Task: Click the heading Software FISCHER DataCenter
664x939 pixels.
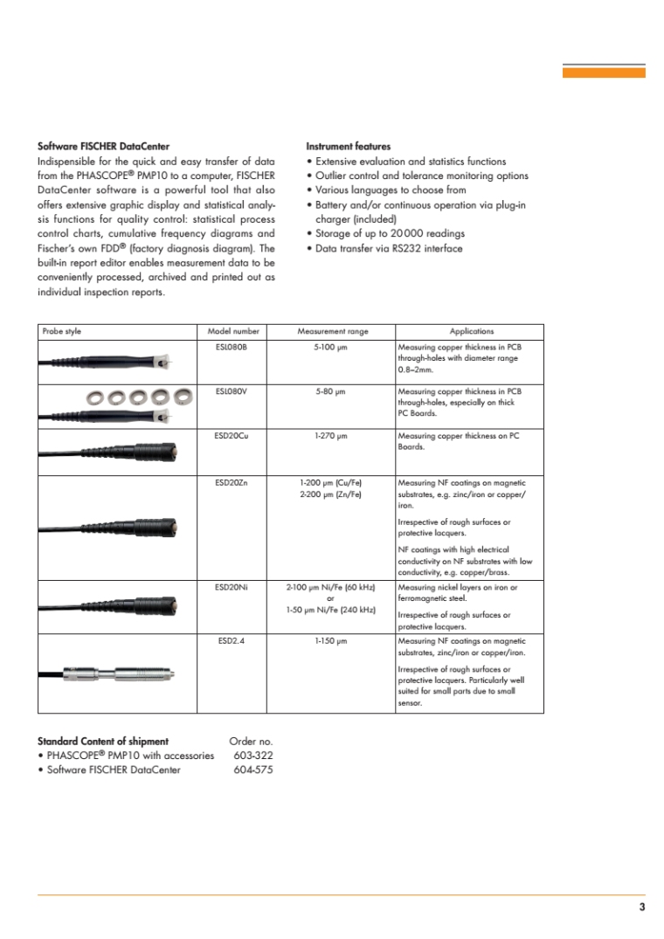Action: pyautogui.click(x=103, y=146)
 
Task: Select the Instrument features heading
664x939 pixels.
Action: pyautogui.click(x=348, y=146)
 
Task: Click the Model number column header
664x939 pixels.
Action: pyautogui.click(x=232, y=331)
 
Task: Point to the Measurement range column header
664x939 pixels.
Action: pyautogui.click(x=333, y=331)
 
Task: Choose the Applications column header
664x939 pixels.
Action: pyautogui.click(x=471, y=331)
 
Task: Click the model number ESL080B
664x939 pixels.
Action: pyautogui.click(x=232, y=347)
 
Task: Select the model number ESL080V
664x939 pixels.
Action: pyautogui.click(x=232, y=391)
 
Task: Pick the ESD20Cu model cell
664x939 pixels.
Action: pyautogui.click(x=232, y=436)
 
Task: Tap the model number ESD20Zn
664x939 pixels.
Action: pyautogui.click(x=232, y=482)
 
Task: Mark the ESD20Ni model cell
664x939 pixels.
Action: pyautogui.click(x=232, y=588)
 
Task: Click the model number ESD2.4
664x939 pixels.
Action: pyautogui.click(x=232, y=641)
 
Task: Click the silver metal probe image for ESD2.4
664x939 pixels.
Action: pyautogui.click(x=131, y=673)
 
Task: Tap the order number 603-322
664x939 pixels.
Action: pyautogui.click(x=253, y=756)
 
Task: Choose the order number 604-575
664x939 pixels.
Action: pyautogui.click(x=253, y=770)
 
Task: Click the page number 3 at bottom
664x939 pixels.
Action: pyautogui.click(x=641, y=908)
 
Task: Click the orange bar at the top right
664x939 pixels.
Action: pyautogui.click(x=604, y=73)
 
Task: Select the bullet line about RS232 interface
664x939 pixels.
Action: pyautogui.click(x=384, y=248)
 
